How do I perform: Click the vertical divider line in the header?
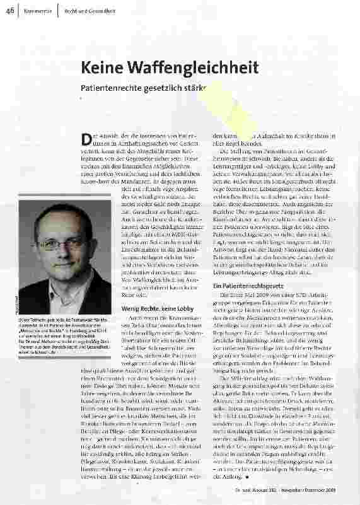tap(57, 11)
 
